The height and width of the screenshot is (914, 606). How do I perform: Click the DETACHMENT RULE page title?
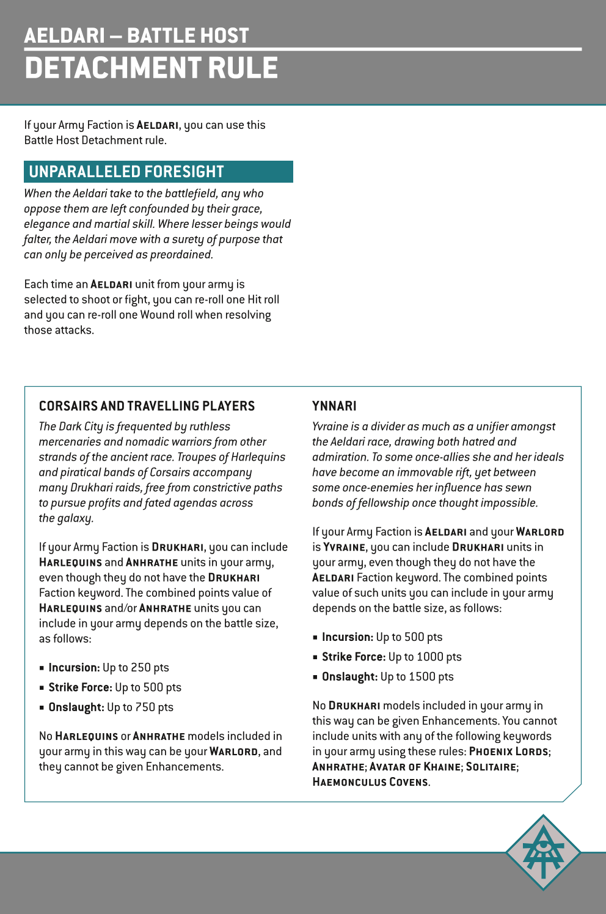[151, 68]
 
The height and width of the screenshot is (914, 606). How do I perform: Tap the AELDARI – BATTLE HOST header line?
[136, 35]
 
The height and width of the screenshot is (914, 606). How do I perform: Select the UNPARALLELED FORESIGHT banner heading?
[126, 172]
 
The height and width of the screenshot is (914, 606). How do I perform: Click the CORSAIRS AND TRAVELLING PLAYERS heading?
[147, 406]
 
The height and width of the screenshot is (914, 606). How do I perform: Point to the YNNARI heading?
[334, 406]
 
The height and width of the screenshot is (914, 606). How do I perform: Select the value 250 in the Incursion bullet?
[141, 668]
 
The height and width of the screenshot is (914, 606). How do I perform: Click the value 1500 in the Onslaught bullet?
[422, 677]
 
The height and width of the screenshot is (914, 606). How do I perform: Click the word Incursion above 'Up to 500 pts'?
[347, 637]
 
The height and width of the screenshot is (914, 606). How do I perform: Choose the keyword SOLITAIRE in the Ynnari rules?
[491, 767]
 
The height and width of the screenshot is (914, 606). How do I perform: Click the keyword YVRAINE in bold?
[344, 547]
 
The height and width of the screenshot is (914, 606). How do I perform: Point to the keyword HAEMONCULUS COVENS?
[370, 782]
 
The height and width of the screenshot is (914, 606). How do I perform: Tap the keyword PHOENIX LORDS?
[508, 751]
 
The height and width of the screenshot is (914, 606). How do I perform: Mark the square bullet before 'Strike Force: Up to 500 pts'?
[42, 688]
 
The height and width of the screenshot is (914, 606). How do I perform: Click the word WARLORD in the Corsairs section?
[233, 751]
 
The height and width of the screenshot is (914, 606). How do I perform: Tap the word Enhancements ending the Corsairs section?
[184, 767]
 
